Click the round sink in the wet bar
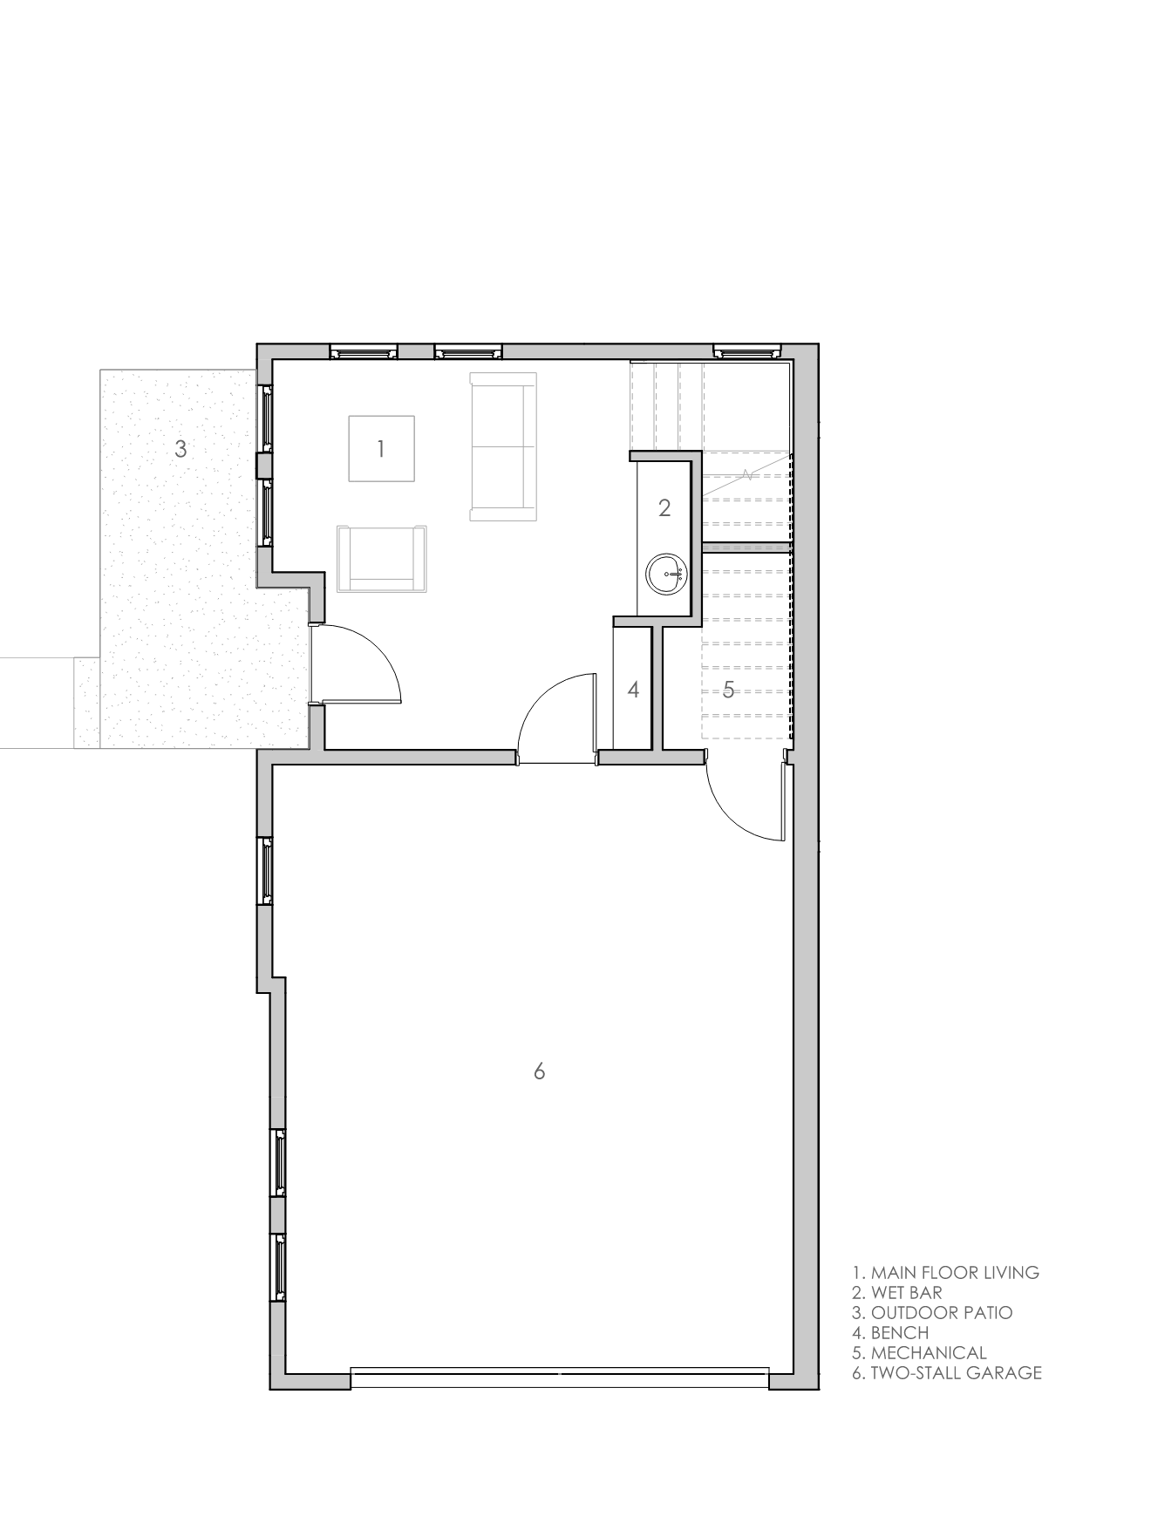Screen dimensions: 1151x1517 (x=668, y=575)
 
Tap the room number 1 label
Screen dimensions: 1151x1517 (x=381, y=449)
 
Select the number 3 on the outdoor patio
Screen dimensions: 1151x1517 (x=180, y=449)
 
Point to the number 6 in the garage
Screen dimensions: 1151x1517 (x=539, y=1071)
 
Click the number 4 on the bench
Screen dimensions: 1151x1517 (x=633, y=690)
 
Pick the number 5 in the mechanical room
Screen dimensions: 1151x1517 (x=728, y=691)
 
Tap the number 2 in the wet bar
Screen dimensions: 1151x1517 (x=664, y=507)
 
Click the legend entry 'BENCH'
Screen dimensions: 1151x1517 (x=900, y=1333)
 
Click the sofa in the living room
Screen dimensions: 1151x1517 (x=503, y=447)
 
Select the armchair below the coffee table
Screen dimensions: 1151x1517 (x=382, y=559)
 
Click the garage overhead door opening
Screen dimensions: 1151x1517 (x=560, y=1378)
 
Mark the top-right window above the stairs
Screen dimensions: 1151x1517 (x=747, y=352)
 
